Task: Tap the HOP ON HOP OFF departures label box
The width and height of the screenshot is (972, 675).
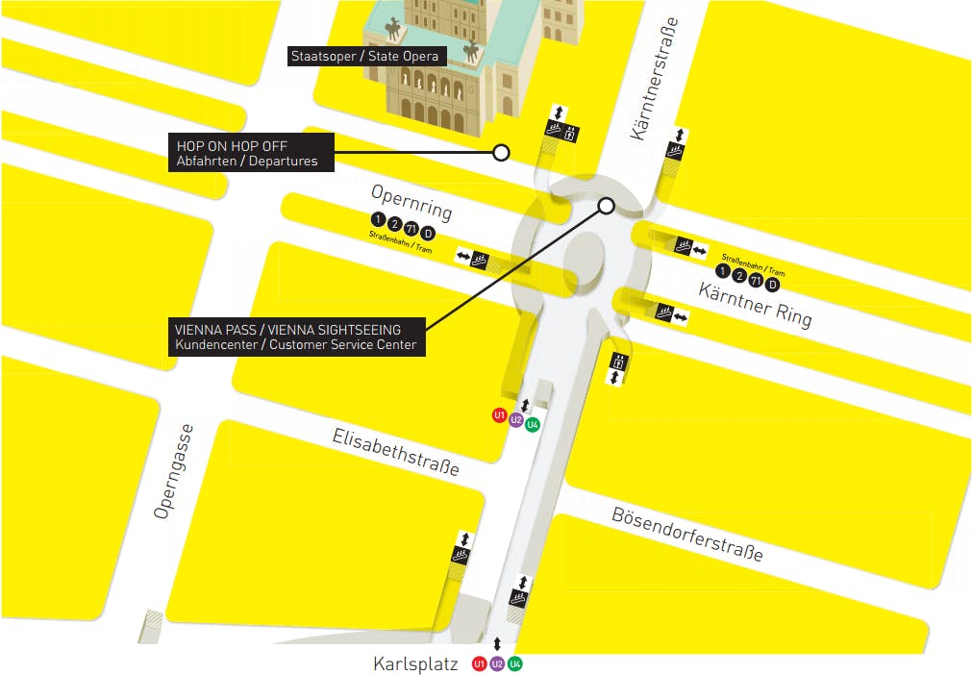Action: [251, 153]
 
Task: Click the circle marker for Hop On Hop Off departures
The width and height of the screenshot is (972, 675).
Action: [500, 152]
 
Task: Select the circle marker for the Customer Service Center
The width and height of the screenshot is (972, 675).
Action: [606, 205]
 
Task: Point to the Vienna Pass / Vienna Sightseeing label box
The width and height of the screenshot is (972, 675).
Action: [296, 337]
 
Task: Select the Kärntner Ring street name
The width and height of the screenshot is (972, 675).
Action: [755, 304]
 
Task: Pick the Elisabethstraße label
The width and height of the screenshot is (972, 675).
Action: [395, 452]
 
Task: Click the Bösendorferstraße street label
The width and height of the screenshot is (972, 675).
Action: [687, 534]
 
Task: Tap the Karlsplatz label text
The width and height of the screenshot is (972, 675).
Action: [415, 663]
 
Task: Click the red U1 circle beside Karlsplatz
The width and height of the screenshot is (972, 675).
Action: [479, 663]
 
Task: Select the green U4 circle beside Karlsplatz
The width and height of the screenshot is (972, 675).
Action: [515, 663]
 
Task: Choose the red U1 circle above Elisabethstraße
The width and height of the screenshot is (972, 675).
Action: [499, 415]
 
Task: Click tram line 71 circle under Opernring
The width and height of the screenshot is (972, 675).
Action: [411, 229]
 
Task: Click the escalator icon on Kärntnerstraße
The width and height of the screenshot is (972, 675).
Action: [676, 152]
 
